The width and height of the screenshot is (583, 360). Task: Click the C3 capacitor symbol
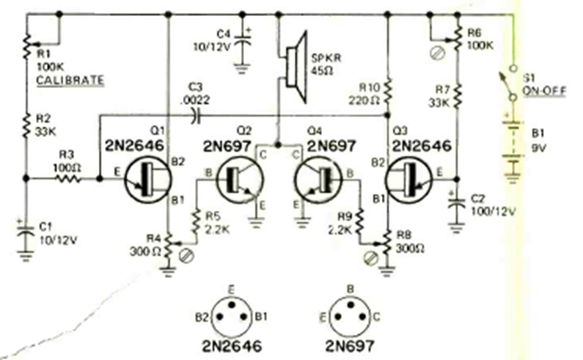194,114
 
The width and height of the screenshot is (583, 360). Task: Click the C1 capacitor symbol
26,232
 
